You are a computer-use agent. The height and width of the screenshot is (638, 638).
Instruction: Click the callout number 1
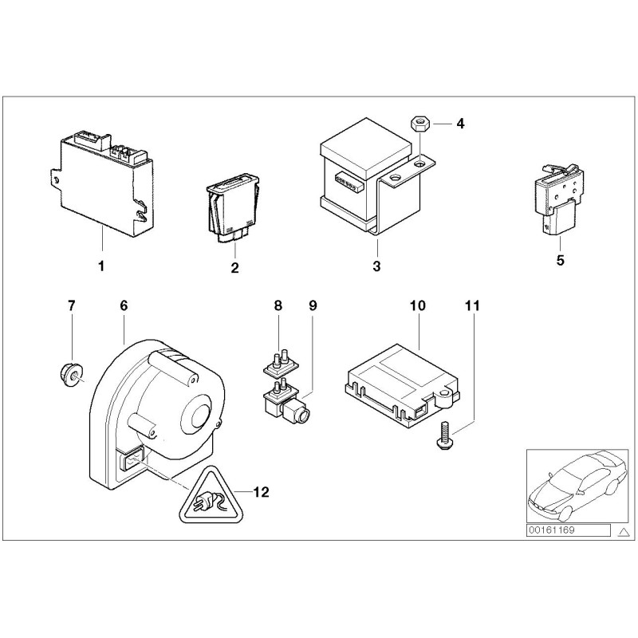(101, 266)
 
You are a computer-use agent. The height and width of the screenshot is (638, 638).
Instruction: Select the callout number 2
(234, 268)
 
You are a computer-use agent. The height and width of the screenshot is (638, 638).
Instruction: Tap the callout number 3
(376, 266)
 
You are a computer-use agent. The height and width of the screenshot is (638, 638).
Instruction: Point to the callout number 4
(459, 124)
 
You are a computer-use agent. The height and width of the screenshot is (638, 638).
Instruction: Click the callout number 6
(124, 306)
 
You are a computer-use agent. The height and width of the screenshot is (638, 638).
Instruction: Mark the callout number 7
(71, 306)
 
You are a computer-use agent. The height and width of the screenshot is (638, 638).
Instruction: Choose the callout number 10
(419, 306)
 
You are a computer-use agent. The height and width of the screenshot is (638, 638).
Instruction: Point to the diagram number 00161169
(554, 530)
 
